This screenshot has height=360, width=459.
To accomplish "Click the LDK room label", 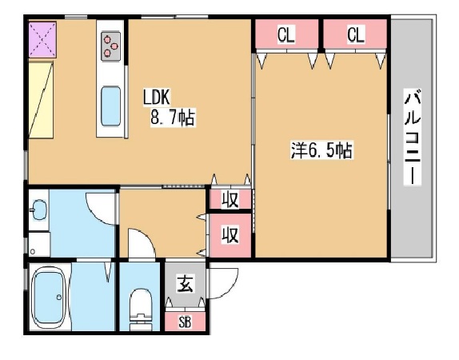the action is [x=157, y=98].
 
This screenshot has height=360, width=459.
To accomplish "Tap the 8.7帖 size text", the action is [x=173, y=118].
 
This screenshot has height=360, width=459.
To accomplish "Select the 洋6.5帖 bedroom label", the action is [x=321, y=150].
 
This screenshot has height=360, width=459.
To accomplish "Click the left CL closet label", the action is [x=286, y=34].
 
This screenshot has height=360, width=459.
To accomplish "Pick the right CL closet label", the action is [x=356, y=34].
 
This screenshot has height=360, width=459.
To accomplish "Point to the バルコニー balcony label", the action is [x=413, y=137].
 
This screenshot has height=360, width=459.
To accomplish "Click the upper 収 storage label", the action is [x=230, y=199].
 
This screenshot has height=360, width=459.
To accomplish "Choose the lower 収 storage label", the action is [x=230, y=234].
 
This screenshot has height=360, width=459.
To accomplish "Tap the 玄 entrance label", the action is [x=185, y=285].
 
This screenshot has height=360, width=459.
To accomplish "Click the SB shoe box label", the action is [x=185, y=322].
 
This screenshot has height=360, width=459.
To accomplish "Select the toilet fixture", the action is [x=141, y=310].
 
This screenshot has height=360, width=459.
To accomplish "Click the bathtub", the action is [x=48, y=298].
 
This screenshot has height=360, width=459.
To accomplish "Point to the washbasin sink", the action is [x=39, y=210].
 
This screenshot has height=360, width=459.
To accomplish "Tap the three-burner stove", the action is [x=110, y=46].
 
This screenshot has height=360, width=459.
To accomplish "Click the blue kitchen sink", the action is [x=110, y=106].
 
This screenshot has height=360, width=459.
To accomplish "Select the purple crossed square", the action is [x=42, y=39].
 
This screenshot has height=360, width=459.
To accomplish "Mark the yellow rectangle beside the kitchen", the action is [x=41, y=99].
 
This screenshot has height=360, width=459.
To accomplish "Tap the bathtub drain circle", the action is [x=59, y=298].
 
